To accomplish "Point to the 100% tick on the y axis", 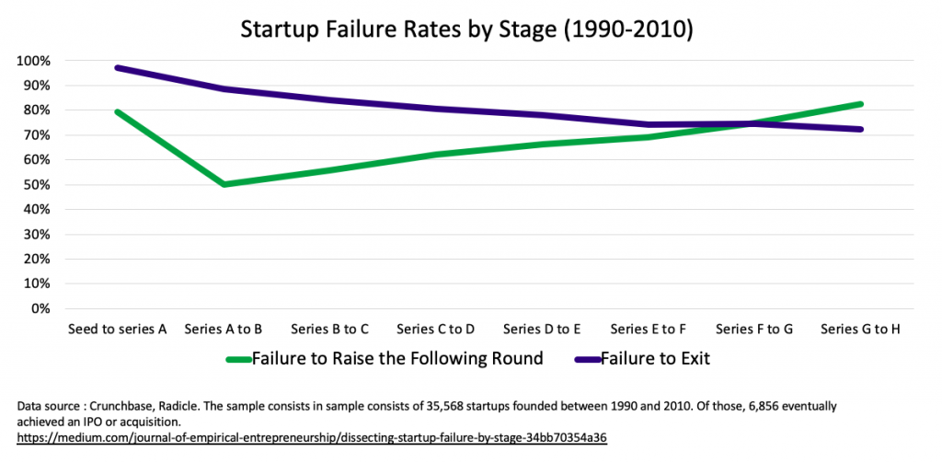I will (33, 61).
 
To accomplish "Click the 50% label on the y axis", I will (36, 185).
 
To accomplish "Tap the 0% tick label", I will (40, 308).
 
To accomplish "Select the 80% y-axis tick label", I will (36, 110).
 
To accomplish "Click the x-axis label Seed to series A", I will (117, 329).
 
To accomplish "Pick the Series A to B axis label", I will (224, 329).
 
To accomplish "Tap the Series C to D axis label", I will (436, 329).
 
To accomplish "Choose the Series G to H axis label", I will (860, 329).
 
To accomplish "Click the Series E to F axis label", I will (649, 329).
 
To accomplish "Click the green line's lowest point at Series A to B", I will (224, 184).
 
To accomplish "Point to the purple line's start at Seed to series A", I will (118, 68).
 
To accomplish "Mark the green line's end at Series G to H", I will (860, 104).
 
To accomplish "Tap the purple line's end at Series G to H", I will (860, 129).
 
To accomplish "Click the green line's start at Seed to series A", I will (118, 112).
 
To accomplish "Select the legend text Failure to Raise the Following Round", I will (397, 358).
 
